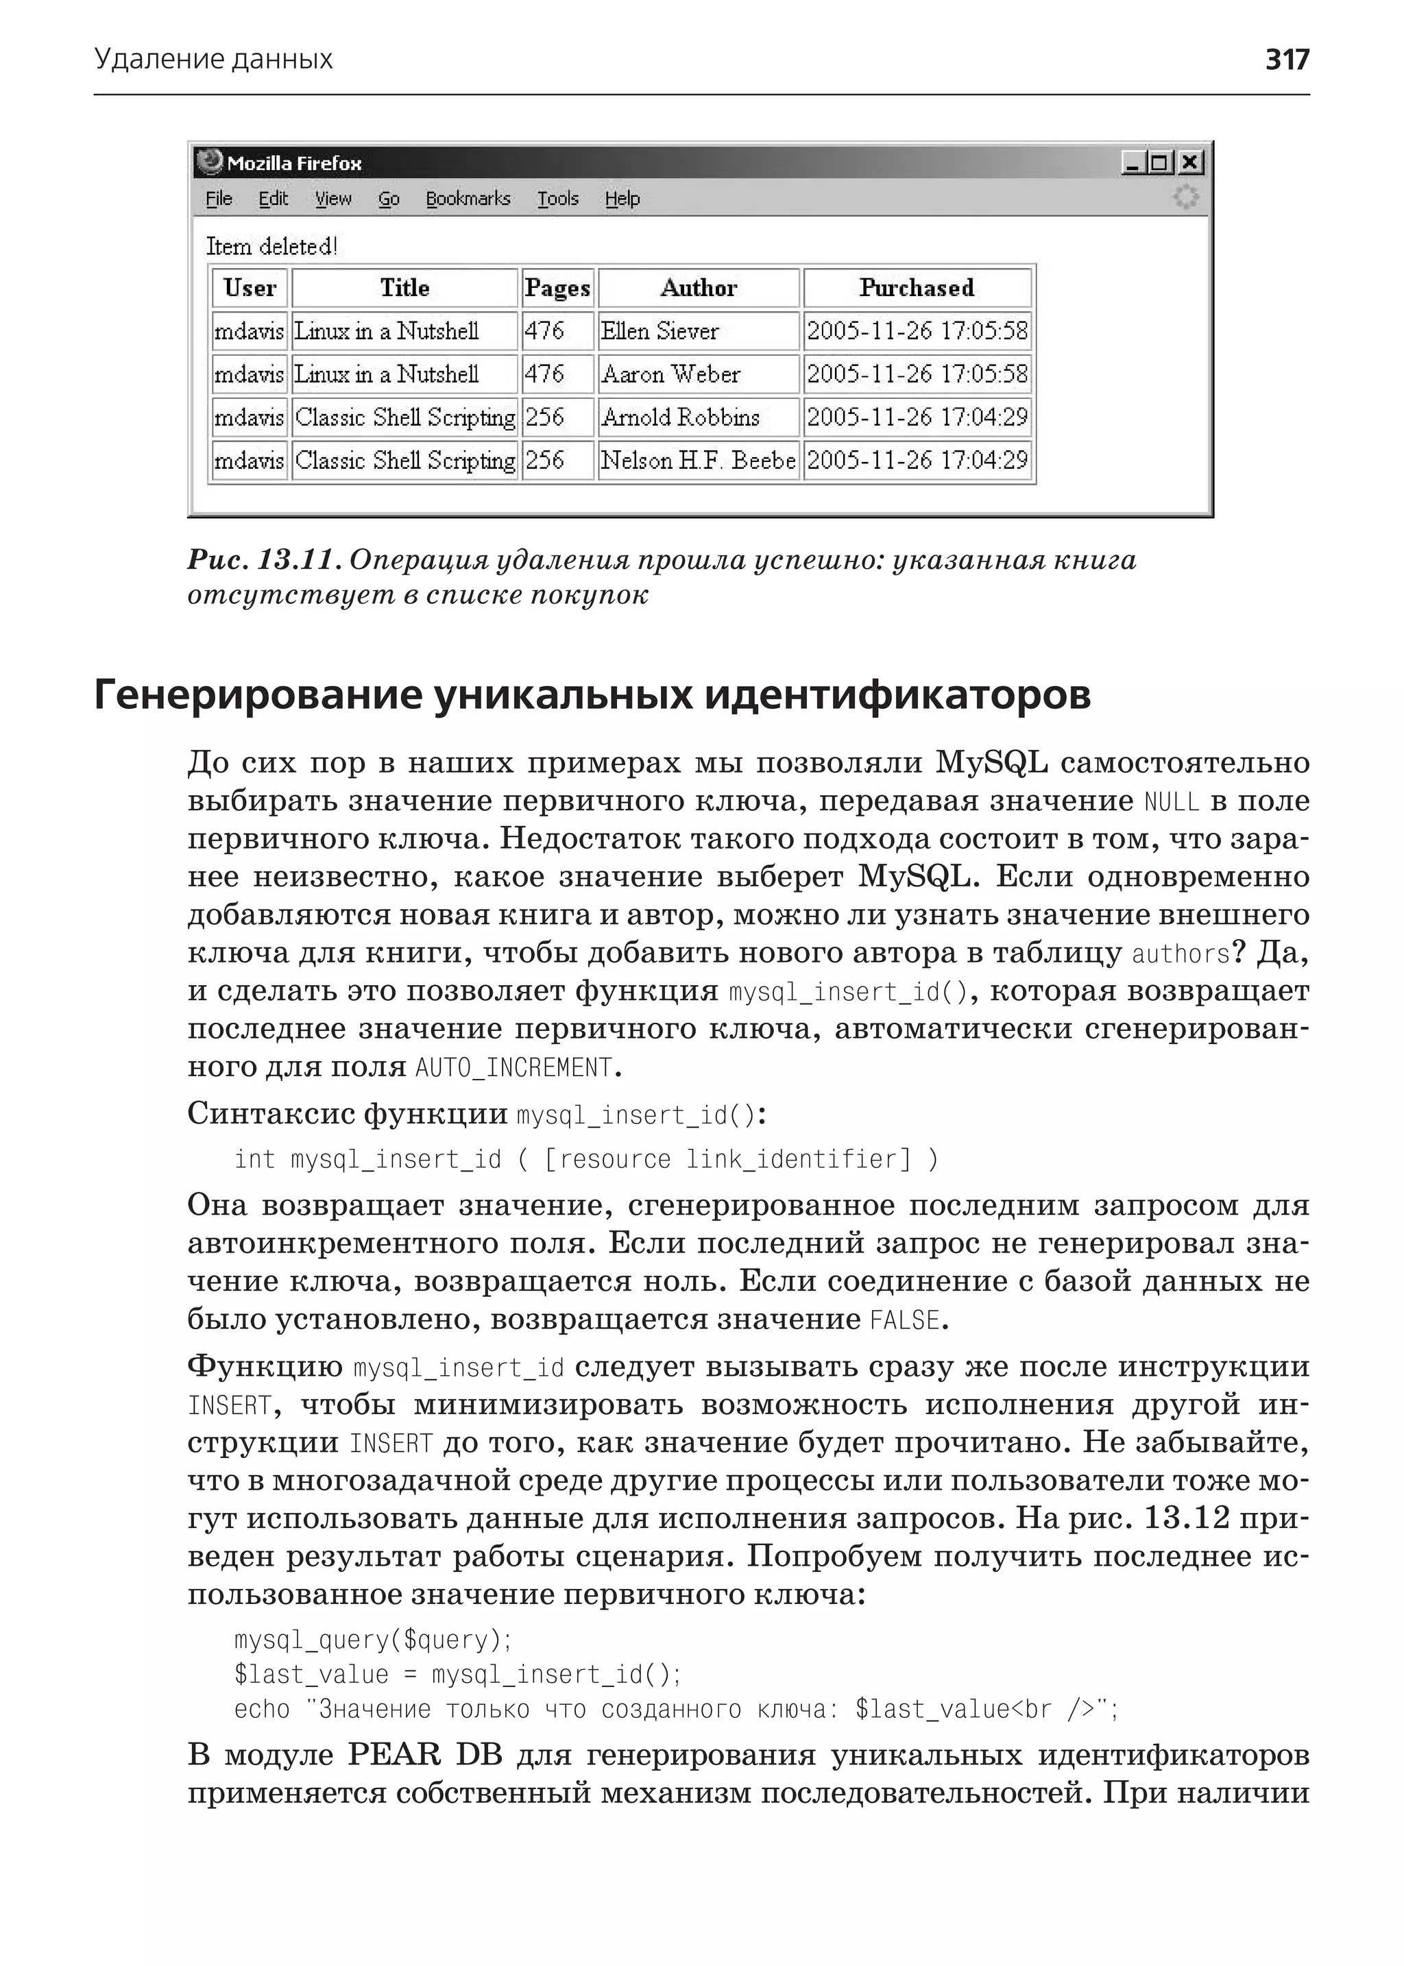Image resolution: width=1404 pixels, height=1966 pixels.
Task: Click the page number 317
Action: pos(1286,60)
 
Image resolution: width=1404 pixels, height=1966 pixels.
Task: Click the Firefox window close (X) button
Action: pos(1189,162)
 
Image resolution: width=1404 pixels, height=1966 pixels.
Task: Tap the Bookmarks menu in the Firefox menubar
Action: pos(468,199)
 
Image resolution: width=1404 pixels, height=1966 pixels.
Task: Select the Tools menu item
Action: pos(557,199)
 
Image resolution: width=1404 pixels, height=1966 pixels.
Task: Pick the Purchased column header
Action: pos(917,288)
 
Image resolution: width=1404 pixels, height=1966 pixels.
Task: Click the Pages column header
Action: pos(557,288)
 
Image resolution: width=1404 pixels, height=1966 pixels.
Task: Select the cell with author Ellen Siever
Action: pos(659,331)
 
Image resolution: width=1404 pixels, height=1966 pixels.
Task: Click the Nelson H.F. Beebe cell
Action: pos(697,460)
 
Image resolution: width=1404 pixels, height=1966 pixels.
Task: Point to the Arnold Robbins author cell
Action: pos(679,417)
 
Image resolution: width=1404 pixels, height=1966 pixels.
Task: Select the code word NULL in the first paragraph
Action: pos(1172,801)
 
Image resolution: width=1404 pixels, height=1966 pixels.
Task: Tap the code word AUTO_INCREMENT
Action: pos(513,1069)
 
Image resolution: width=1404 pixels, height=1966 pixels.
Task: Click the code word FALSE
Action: pos(904,1320)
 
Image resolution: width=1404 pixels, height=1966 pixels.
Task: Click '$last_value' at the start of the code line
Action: pos(311,1675)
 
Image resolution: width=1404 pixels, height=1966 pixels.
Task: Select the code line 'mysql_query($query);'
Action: pos(374,1640)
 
